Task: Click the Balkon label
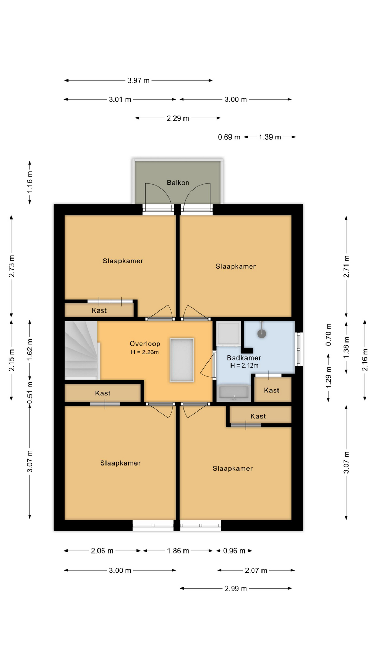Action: point(178,183)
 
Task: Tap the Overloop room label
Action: point(145,344)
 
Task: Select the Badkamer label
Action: point(244,358)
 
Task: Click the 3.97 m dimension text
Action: point(138,80)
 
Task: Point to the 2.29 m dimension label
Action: point(178,118)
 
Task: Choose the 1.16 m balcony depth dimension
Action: point(30,182)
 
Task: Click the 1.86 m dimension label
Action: point(178,551)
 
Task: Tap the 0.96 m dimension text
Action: point(234,551)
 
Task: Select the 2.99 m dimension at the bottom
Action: point(236,589)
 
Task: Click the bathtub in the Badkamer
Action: point(234,393)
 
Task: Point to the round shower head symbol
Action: point(262,333)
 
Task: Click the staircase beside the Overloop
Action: point(81,350)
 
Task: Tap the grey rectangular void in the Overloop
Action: point(181,360)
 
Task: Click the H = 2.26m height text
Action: point(145,352)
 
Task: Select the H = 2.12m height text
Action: point(244,366)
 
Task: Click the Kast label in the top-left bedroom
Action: point(99,310)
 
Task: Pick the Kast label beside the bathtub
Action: point(272,390)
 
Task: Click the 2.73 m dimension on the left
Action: point(12,266)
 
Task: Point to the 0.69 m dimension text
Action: point(229,137)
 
